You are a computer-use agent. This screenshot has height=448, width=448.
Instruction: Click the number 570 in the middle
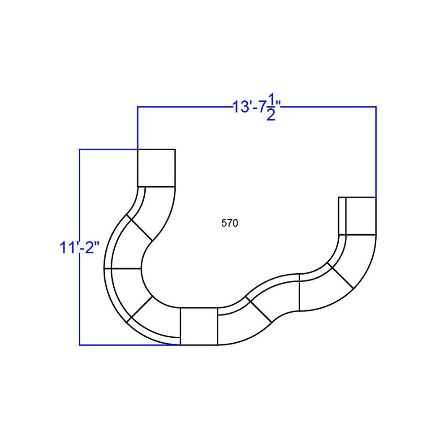[229, 223]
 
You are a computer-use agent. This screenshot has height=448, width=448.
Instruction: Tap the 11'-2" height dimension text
[79, 247]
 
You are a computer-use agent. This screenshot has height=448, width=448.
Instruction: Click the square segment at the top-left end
[156, 168]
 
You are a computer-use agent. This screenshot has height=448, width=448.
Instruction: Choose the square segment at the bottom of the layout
[198, 326]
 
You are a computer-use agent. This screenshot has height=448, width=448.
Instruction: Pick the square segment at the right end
[360, 215]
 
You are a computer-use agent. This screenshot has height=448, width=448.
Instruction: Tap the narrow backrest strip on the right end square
[342, 215]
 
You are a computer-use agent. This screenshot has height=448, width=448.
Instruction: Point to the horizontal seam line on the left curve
[123, 268]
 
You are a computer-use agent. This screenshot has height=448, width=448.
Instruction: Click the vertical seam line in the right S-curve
[299, 292]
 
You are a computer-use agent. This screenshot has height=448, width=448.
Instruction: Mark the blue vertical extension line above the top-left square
[138, 128]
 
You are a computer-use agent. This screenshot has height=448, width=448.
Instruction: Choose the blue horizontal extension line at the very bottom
[129, 345]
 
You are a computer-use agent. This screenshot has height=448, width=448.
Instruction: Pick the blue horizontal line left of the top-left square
[108, 149]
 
